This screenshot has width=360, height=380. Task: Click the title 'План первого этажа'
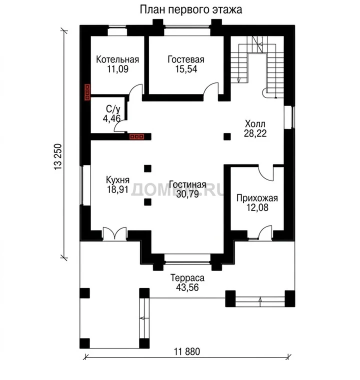pyautogui.click(x=191, y=10)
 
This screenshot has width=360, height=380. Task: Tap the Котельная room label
pyautogui.click(x=117, y=59)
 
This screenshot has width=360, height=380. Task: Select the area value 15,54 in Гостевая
pyautogui.click(x=186, y=69)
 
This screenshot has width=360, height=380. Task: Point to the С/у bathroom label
pyautogui.click(x=113, y=109)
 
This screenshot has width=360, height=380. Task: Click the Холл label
pyautogui.click(x=255, y=124)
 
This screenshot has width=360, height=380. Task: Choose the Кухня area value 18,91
pyautogui.click(x=118, y=189)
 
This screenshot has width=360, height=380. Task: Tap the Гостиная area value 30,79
pyautogui.click(x=187, y=194)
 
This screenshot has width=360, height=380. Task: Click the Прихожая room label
pyautogui.click(x=257, y=198)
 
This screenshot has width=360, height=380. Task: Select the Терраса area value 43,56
pyautogui.click(x=187, y=287)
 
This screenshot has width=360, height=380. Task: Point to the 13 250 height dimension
pyautogui.click(x=58, y=157)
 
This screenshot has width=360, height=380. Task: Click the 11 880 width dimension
pyautogui.click(x=187, y=351)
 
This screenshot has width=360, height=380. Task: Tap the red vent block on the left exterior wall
pyautogui.click(x=87, y=92)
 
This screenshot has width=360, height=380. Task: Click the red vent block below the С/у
pyautogui.click(x=137, y=136)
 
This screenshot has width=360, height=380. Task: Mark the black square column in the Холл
pyautogui.click(x=227, y=136)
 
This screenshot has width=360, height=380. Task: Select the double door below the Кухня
pyautogui.click(x=114, y=234)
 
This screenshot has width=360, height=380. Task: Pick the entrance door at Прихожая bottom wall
pyautogui.click(x=265, y=232)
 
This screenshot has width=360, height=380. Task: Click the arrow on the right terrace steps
pyautogui.click(x=260, y=301)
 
